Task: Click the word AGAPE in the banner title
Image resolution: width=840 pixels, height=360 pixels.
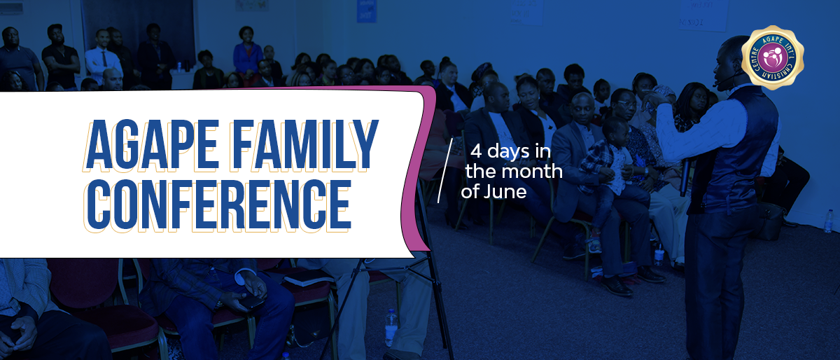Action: coord(151,144)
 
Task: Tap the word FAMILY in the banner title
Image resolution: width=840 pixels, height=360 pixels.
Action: coord(304,144)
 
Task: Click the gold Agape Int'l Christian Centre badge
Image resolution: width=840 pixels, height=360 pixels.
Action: coord(773,57)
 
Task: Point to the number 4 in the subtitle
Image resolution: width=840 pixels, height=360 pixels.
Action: coord(476,152)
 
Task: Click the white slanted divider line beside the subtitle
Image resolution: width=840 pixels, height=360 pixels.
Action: coord(445,170)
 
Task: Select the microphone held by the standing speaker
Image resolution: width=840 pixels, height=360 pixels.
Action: coord(685,176)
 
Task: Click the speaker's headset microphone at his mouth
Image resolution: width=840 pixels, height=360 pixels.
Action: coord(717,84)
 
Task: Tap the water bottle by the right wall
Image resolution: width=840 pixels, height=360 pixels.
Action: coord(828,221)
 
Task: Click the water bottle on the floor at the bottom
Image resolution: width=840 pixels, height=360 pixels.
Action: coord(391,327)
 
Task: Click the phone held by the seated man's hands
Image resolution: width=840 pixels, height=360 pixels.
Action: coord(251,300)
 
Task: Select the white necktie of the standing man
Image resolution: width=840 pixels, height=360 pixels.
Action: coord(104,59)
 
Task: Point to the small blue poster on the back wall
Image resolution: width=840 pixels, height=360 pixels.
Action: coord(366,11)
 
